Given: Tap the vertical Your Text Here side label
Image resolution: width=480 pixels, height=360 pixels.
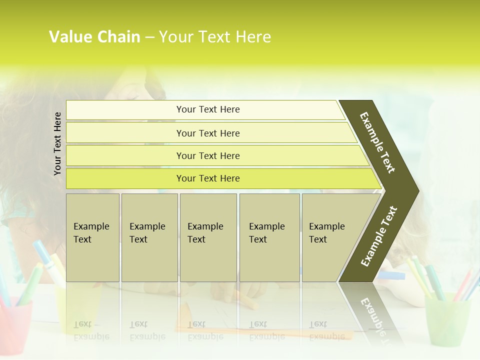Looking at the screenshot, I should coord(57,143).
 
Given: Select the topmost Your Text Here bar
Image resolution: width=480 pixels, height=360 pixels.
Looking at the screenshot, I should coord(207,109).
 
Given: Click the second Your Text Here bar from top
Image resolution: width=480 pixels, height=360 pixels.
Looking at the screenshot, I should coord(207,133).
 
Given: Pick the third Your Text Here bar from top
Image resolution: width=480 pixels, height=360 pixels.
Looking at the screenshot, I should coord(207,155).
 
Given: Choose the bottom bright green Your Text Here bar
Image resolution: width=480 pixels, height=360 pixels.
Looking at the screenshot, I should coord(207,178).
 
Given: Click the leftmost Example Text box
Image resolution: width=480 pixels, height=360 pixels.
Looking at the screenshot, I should coord(92,237).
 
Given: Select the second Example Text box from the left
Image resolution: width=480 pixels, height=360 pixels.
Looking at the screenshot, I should coord(149,237).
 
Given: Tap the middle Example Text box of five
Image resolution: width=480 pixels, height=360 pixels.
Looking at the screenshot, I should coord(208,237).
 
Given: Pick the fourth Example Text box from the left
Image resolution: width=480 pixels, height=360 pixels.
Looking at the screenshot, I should coord(269,237).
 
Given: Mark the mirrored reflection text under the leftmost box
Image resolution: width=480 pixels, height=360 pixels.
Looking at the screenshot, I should coord(92,330).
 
